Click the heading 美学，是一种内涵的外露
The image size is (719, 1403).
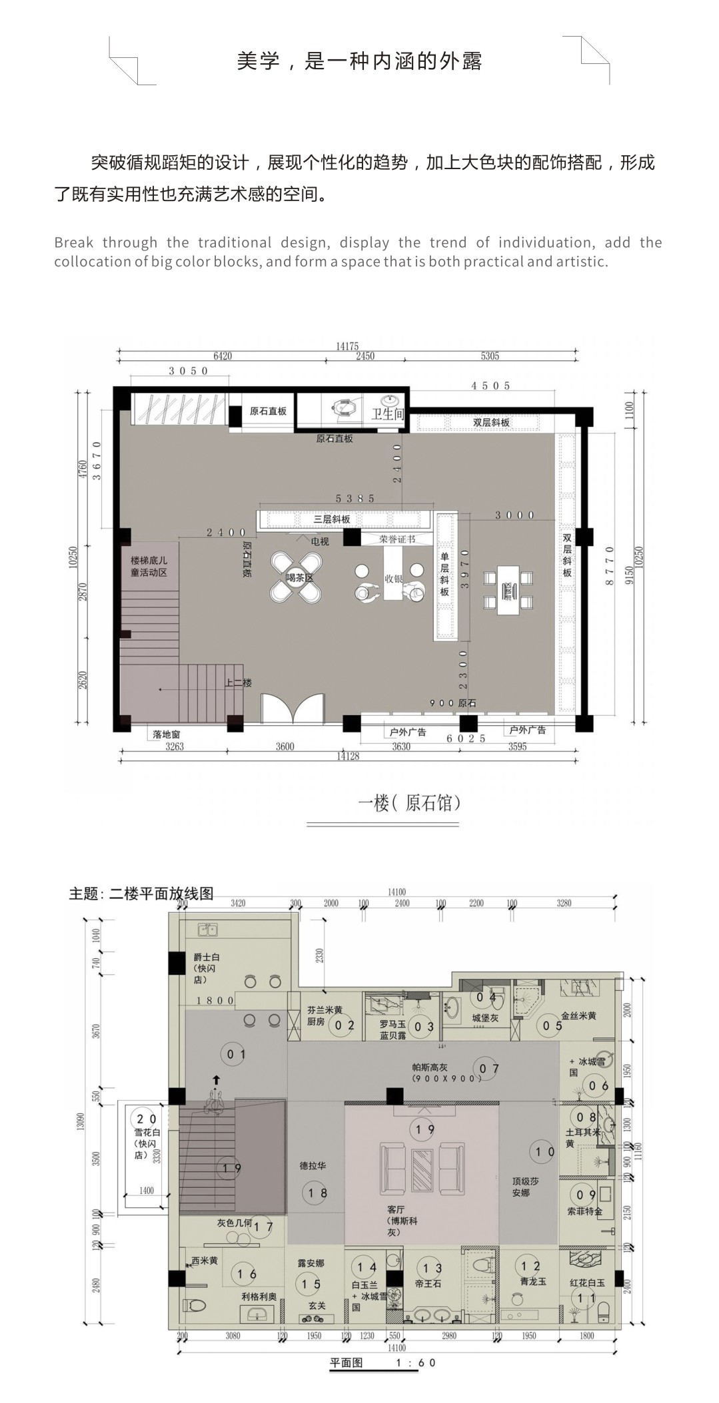click(359, 61)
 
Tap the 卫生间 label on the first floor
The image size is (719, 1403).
click(387, 414)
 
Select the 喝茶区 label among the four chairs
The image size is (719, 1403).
click(299, 578)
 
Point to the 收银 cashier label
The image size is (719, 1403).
click(394, 579)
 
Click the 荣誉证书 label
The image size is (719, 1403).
click(397, 539)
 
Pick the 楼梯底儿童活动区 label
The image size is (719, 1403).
click(149, 567)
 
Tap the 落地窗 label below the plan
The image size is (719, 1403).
click(166, 734)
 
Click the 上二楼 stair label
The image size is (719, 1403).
click(238, 683)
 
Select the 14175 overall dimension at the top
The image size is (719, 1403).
click(347, 346)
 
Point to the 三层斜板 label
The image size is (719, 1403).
click(332, 519)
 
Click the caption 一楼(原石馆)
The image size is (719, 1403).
click(409, 803)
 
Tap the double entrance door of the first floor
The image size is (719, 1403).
click(293, 708)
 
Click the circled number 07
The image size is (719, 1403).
click(490, 1069)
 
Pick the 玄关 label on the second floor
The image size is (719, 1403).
click(317, 1306)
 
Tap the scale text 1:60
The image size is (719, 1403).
click(416, 1362)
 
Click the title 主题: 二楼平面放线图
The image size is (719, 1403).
click(141, 894)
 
